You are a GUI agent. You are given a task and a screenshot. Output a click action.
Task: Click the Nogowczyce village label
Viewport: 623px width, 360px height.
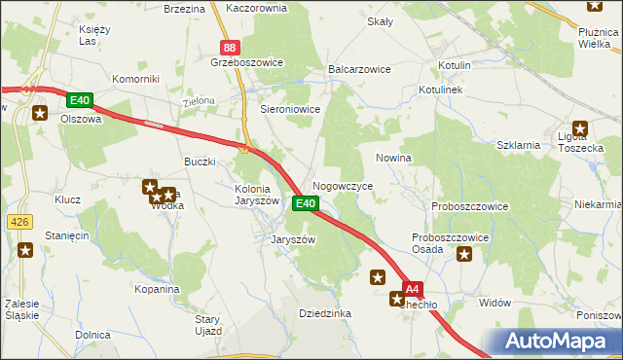pyautogui.click(x=341, y=184)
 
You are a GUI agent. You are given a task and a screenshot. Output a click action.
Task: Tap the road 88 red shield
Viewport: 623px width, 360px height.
pyautogui.click(x=229, y=48)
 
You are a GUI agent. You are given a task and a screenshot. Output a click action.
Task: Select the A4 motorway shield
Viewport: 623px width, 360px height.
pyautogui.click(x=413, y=289)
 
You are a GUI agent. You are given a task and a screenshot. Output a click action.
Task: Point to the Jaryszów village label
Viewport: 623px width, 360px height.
pyautogui.click(x=291, y=238)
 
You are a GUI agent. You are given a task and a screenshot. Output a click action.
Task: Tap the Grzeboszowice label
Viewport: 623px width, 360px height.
pyautogui.click(x=246, y=62)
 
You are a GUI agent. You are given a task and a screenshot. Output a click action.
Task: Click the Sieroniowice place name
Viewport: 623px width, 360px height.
pyautogui.click(x=291, y=110)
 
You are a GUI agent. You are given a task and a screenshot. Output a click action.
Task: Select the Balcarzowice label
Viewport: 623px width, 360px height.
pyautogui.click(x=359, y=70)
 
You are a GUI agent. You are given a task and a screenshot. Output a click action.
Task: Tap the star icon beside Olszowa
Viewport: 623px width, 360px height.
pyautogui.click(x=40, y=113)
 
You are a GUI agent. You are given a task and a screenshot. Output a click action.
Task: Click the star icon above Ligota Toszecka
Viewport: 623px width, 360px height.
pyautogui.click(x=581, y=127)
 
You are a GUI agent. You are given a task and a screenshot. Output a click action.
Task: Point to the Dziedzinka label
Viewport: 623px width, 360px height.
pyautogui.click(x=324, y=313)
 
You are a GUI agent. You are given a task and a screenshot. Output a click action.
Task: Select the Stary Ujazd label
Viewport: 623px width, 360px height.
pyautogui.click(x=208, y=325)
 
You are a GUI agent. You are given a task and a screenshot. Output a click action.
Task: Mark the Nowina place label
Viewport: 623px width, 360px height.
pyautogui.click(x=393, y=157)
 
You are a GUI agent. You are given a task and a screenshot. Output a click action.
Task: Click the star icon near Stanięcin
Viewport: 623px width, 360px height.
pyautogui.click(x=26, y=251)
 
